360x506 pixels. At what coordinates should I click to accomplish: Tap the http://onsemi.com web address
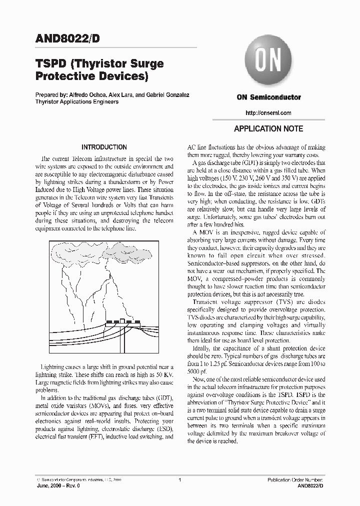point(269,113)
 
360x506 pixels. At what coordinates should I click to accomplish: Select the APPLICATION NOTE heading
point(268,128)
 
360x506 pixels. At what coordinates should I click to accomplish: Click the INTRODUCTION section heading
point(104,147)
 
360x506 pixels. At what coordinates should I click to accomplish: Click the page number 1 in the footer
point(179,480)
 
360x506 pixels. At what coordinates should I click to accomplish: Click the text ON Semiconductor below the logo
point(269,97)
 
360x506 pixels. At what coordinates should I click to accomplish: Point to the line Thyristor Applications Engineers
point(77,101)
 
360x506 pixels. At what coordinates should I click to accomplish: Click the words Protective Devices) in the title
point(92,76)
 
